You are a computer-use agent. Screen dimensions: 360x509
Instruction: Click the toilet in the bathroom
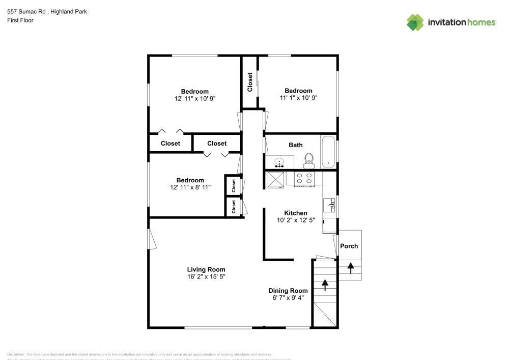coord(308,161)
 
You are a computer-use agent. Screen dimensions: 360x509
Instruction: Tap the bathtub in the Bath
coord(328,152)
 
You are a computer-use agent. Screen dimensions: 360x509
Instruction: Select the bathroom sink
coord(279,163)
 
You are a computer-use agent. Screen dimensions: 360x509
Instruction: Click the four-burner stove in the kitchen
coord(304,178)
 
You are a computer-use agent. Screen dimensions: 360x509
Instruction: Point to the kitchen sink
coord(329,205)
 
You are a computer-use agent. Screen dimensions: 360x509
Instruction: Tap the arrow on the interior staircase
coord(325,285)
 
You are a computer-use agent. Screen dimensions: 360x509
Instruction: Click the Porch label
coord(349,246)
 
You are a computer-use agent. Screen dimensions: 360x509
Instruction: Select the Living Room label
coord(206,269)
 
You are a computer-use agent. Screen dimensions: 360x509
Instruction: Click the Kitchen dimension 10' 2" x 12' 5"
coord(296,220)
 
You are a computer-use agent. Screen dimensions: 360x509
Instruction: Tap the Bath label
coord(296,145)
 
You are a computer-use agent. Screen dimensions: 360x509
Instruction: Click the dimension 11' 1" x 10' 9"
coord(298,98)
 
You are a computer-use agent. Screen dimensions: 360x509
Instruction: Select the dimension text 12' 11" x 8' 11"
coord(190,187)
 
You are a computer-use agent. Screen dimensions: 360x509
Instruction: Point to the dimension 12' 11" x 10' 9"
coord(195,99)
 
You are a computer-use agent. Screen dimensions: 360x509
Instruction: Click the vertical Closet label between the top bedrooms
coord(250,82)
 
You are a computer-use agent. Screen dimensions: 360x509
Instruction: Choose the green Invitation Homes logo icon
coord(415,22)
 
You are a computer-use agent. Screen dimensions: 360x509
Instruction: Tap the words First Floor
coord(20,20)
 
